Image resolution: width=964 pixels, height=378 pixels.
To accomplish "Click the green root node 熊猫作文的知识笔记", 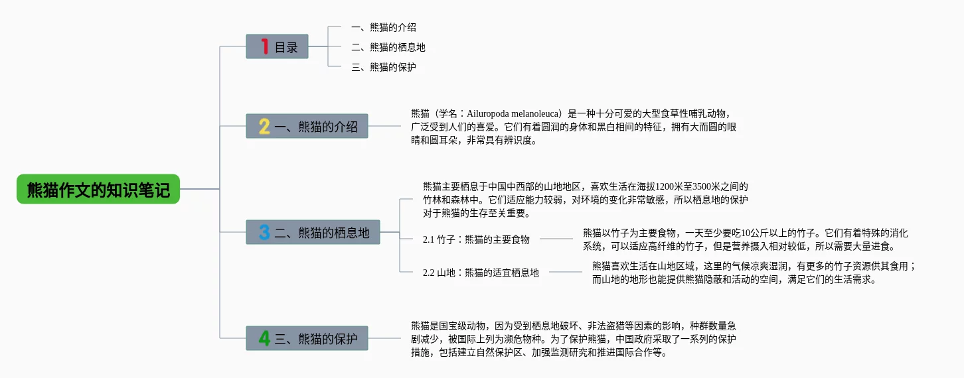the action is tap(98, 189).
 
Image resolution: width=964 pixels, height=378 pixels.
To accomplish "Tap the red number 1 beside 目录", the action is tap(265, 46).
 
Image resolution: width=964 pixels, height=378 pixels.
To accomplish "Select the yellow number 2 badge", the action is tap(264, 127).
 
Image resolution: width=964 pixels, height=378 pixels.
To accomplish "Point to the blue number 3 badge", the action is tap(264, 232).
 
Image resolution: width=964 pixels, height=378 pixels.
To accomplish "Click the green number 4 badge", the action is tap(264, 338).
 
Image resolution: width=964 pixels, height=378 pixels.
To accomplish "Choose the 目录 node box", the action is tap(277, 46).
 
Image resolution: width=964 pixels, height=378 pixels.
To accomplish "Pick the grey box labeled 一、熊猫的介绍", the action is tap(307, 126).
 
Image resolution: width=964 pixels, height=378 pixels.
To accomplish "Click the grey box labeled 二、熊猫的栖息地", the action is tap(313, 232).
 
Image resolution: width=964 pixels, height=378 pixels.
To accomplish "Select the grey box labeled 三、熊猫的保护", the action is tap(307, 338).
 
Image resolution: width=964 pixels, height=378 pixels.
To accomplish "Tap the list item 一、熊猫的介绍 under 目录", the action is tap(384, 28).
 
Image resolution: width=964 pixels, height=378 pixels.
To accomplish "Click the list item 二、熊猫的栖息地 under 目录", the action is tap(388, 47).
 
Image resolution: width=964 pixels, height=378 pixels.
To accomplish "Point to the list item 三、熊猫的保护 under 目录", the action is tap(384, 67).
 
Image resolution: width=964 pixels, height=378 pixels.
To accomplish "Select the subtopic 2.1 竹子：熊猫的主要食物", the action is tap(476, 239).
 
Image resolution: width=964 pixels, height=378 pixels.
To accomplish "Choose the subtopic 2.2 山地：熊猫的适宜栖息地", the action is tap(481, 273).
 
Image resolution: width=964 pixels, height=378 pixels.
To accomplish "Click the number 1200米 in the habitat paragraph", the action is tap(669, 186).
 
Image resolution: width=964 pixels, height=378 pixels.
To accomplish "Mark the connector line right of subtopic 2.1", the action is tap(556, 239).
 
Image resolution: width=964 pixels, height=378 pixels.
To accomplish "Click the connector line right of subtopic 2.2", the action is tap(566, 272).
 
